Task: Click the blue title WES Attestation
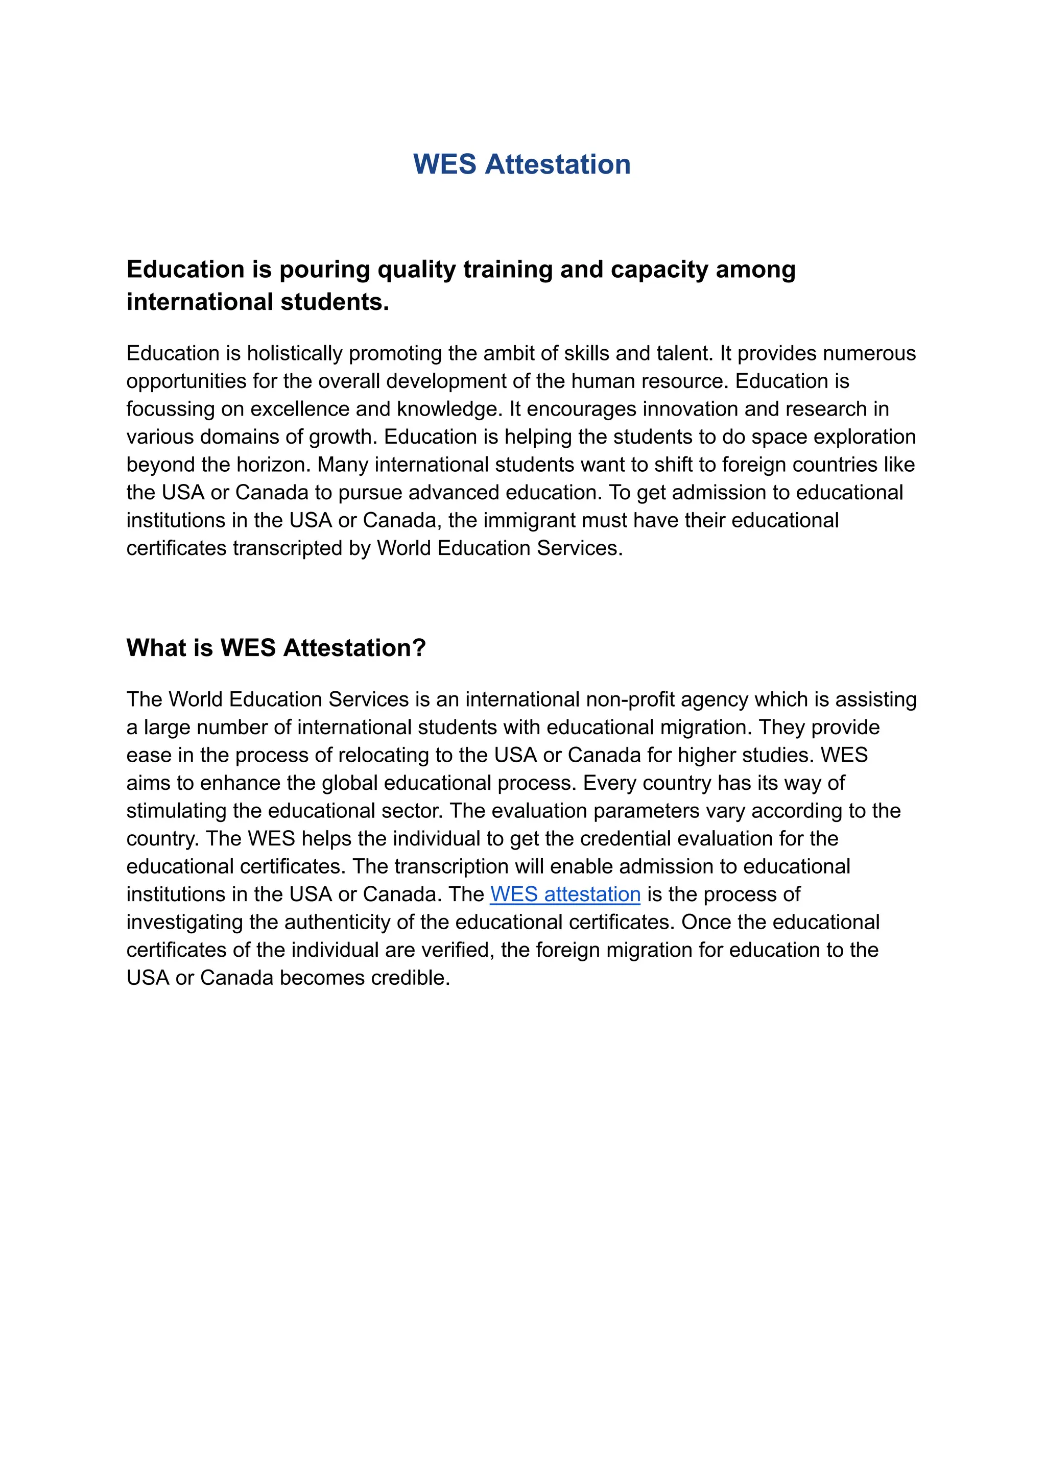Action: click(x=521, y=164)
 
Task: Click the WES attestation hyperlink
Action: click(x=565, y=894)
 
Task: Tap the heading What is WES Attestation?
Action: click(x=276, y=648)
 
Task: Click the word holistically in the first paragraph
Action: click(x=294, y=353)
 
